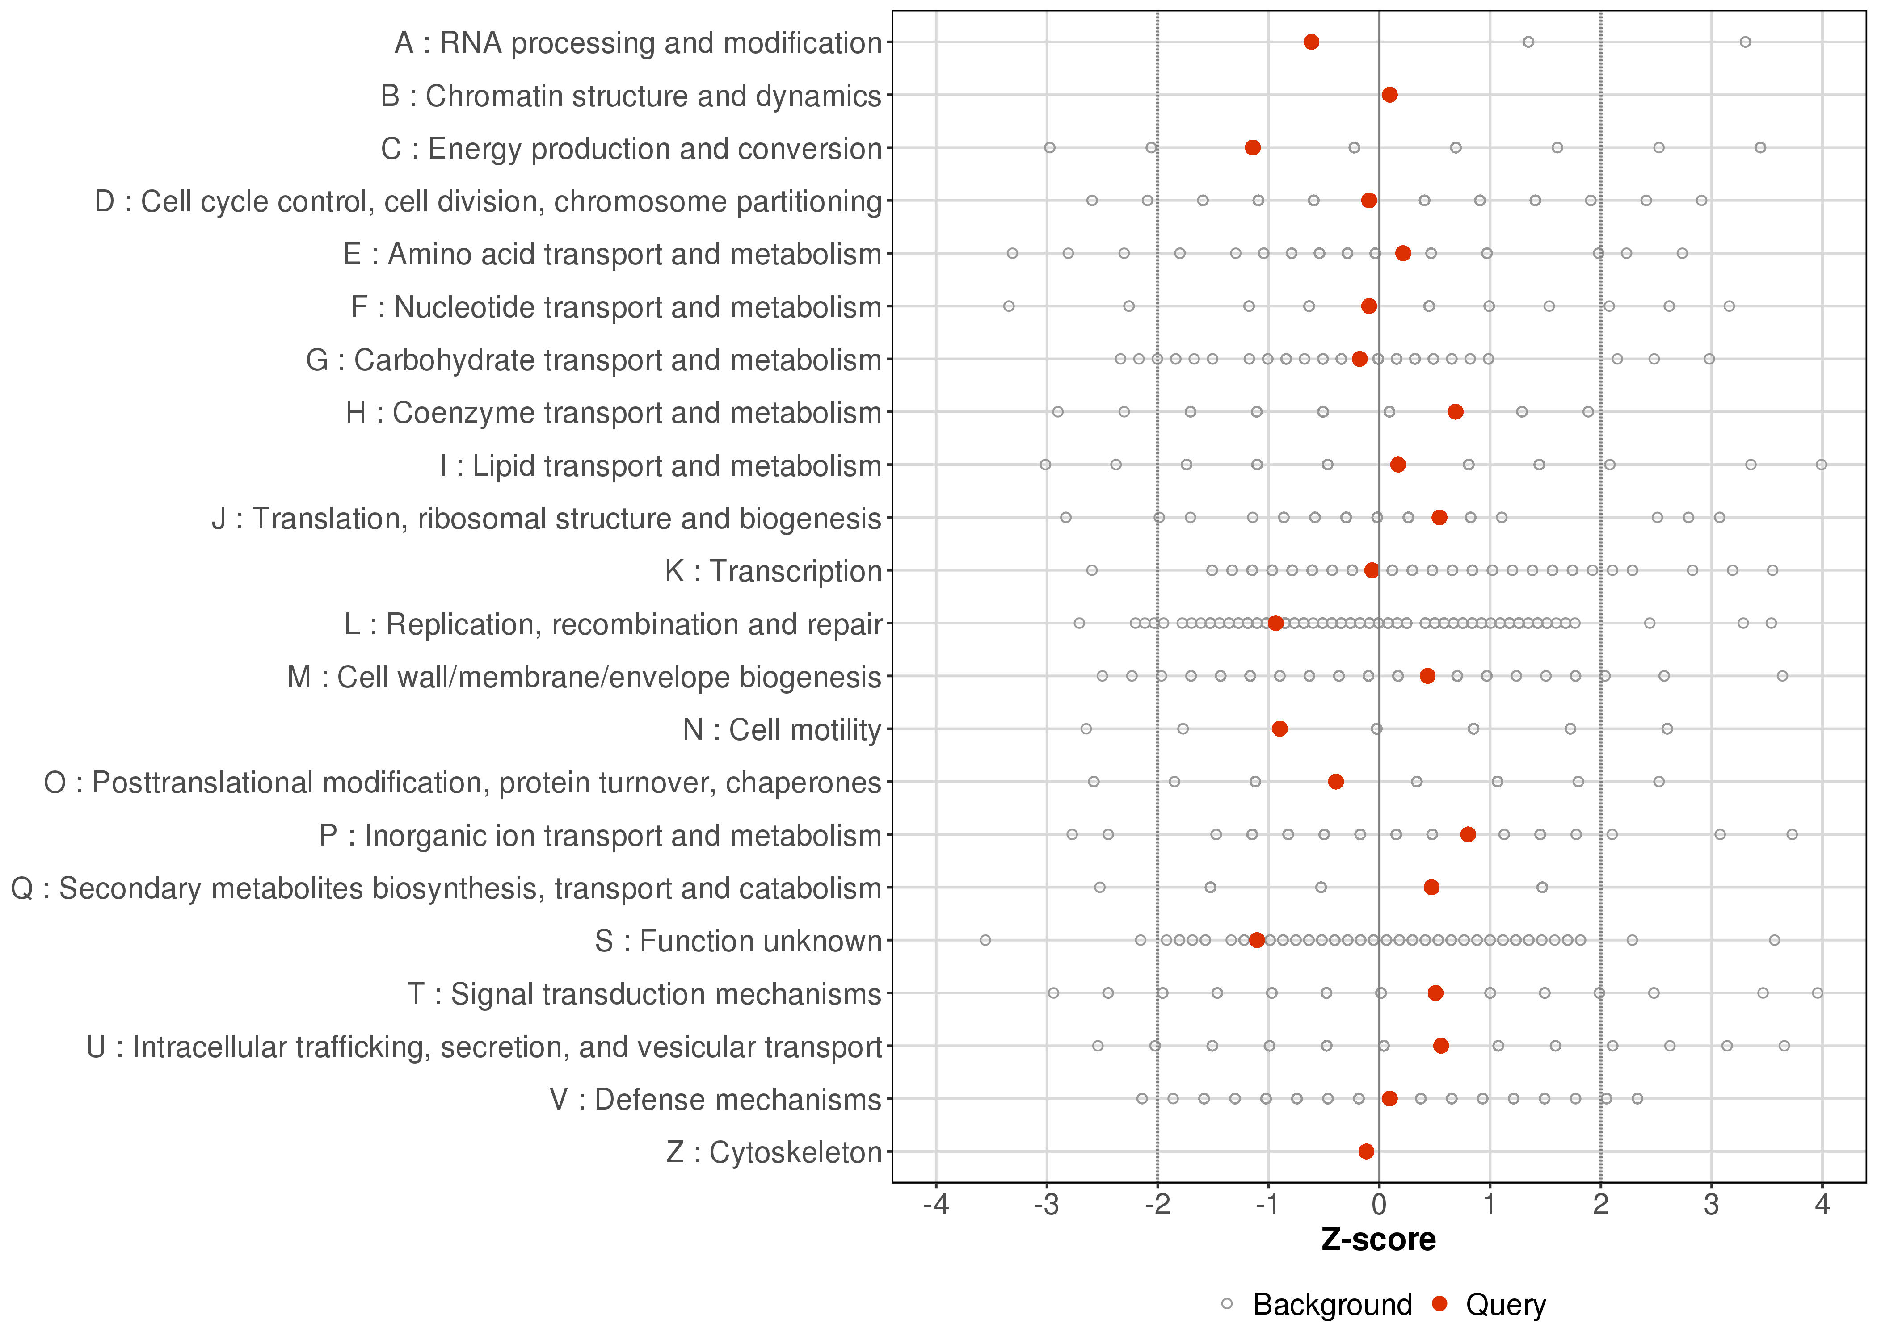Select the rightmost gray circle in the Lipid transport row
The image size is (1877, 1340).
pyautogui.click(x=1822, y=465)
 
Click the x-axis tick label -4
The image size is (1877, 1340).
pyautogui.click(x=936, y=1206)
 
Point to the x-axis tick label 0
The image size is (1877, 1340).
pyautogui.click(x=1379, y=1206)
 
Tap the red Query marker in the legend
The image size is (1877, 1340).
pyautogui.click(x=1440, y=1304)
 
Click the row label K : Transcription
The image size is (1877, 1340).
pyautogui.click(x=774, y=571)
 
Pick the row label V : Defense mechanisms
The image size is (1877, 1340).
pyautogui.click(x=715, y=1100)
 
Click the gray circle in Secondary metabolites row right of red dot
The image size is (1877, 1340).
pyautogui.click(x=1542, y=887)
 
